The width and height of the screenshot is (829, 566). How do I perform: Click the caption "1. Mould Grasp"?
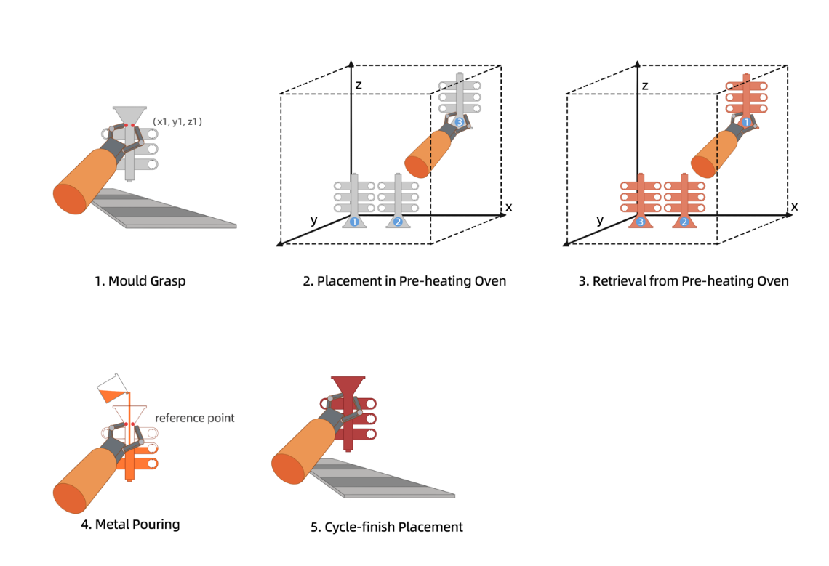point(140,281)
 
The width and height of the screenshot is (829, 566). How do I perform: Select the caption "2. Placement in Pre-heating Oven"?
point(404,281)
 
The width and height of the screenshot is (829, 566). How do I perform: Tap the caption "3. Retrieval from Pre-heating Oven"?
point(683,281)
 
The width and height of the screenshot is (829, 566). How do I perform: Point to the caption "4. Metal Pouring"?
point(130,524)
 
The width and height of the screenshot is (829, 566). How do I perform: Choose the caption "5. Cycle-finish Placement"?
point(386,527)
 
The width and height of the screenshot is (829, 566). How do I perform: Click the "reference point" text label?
point(195,418)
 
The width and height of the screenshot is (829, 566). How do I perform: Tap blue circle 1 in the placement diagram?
point(354,222)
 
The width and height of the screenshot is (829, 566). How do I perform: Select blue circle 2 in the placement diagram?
point(397,222)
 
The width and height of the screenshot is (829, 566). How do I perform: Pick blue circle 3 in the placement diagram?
point(459,123)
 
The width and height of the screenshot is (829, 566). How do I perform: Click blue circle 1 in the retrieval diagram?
point(745,123)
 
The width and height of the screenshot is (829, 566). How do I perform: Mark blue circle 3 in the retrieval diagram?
point(641,222)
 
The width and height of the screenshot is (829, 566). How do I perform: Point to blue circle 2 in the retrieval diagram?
point(684,222)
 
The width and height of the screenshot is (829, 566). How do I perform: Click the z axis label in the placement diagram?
point(359,85)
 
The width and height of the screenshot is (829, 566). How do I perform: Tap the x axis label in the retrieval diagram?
point(795,207)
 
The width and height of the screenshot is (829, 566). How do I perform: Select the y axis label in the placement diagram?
point(313,220)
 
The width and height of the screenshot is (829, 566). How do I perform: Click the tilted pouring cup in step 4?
point(109,390)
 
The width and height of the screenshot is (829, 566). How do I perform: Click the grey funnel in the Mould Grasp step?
point(129,115)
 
